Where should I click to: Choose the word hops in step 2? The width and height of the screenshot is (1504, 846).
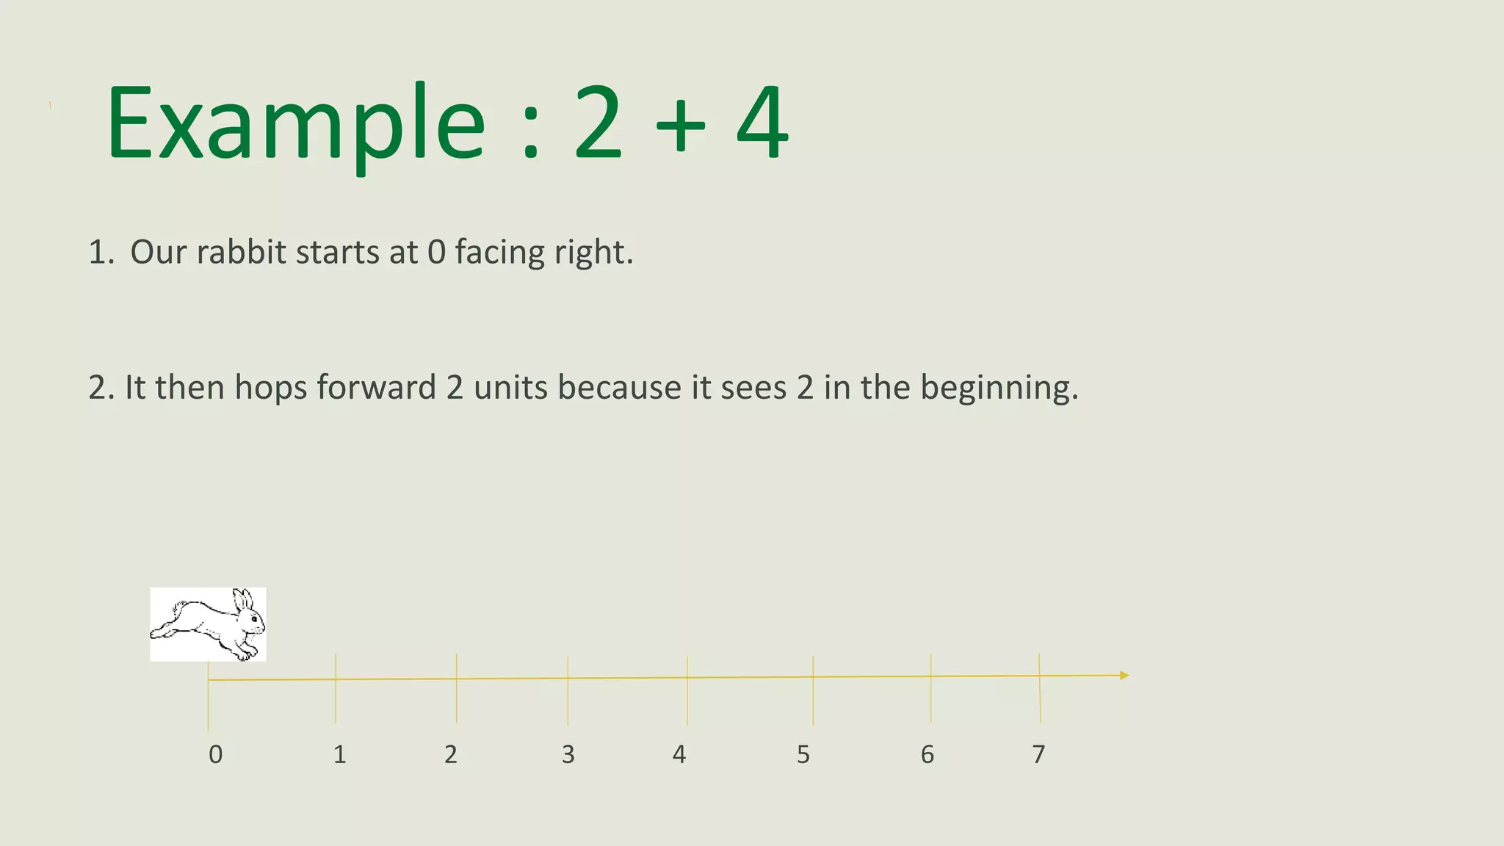(271, 388)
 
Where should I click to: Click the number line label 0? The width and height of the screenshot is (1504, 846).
(215, 754)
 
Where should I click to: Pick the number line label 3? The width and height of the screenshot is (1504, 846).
(568, 754)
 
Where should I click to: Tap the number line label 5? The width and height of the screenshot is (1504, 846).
(803, 754)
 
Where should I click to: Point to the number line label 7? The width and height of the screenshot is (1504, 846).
(1038, 754)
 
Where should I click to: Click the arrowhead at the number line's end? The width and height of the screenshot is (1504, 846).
(1124, 675)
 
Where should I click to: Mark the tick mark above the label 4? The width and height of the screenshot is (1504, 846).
(687, 690)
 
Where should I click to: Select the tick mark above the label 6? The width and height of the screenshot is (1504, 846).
(931, 687)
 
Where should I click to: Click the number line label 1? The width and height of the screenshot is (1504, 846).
(339, 754)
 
